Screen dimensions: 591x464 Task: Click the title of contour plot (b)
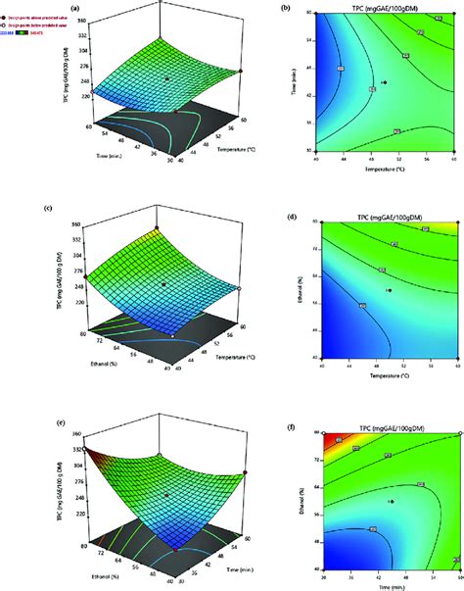(x=385, y=7)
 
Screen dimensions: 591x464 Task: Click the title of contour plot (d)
(x=385, y=216)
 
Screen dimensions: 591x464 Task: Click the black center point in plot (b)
(x=385, y=83)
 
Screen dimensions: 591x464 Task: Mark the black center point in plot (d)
(x=389, y=290)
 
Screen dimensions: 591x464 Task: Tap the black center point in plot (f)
(x=390, y=501)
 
